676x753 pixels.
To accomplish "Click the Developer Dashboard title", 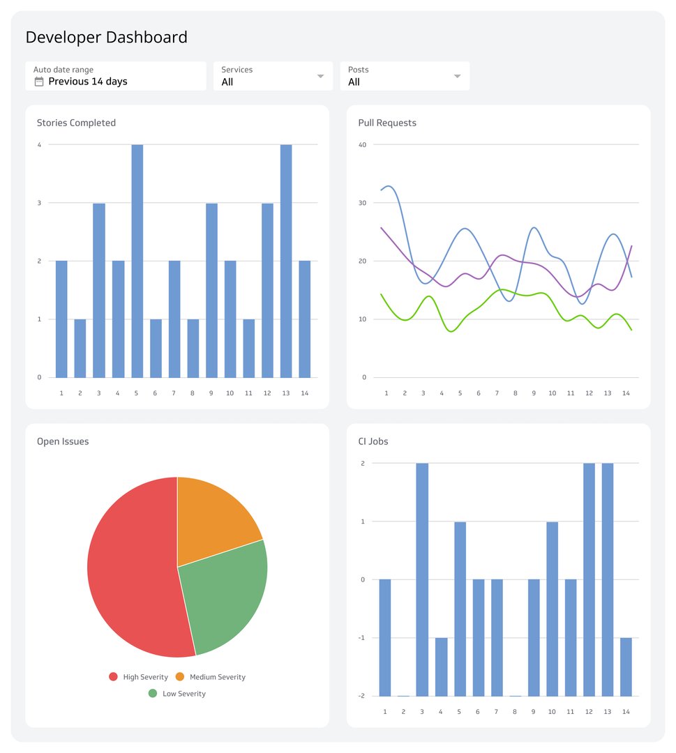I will click(x=106, y=38).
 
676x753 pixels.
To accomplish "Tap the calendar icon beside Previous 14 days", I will click(x=39, y=82).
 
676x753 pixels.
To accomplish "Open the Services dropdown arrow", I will click(x=320, y=76).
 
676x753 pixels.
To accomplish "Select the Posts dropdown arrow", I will click(x=457, y=76).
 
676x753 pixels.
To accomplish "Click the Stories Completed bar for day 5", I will click(x=137, y=261).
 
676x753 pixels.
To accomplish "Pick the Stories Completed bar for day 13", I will click(x=285, y=261).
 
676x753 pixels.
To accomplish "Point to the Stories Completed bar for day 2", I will click(x=80, y=348).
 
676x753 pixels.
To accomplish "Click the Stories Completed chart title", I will click(x=76, y=123).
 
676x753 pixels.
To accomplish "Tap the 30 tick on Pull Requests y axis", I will click(x=362, y=203).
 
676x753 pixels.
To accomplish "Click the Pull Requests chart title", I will click(x=387, y=123).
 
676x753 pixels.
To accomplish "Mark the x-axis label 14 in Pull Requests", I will click(x=626, y=393).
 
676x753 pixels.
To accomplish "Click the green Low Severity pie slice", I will click(x=227, y=593).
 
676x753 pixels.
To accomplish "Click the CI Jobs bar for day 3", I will click(x=423, y=579).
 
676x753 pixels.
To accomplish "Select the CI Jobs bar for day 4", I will click(x=441, y=667).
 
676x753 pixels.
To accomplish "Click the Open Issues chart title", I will click(x=63, y=441).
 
